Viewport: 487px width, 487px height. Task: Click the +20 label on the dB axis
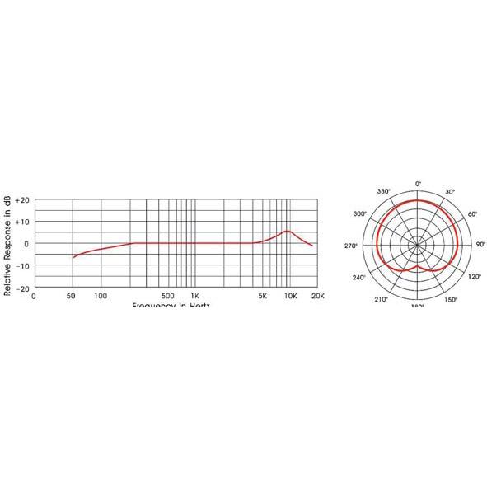click(22, 200)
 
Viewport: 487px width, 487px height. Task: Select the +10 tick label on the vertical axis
click(22, 222)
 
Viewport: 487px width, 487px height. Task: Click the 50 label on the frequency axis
click(72, 295)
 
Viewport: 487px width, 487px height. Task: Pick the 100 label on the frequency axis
click(101, 295)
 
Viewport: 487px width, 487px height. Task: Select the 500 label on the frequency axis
click(168, 295)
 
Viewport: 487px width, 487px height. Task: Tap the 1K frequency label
click(194, 295)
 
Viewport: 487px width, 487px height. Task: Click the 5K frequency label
click(263, 295)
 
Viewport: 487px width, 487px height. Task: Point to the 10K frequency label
click(290, 295)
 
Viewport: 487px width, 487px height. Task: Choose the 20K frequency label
click(317, 295)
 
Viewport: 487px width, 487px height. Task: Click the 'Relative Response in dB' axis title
click(7, 245)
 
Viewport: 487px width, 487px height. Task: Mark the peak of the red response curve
click(287, 231)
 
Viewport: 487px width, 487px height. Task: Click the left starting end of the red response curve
click(73, 258)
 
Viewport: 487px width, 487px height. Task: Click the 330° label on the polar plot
click(383, 191)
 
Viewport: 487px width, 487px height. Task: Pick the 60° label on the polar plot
click(472, 213)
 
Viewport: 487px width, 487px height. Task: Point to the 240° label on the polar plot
click(359, 278)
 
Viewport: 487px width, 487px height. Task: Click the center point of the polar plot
click(418, 244)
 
